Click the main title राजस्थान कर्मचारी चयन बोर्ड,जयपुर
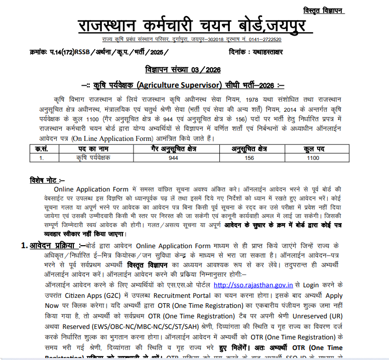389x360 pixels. [194, 25]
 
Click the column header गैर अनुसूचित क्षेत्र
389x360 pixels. [173, 149]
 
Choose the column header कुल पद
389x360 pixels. [315, 149]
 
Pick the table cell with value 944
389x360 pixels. [173, 157]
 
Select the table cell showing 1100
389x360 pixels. [313, 157]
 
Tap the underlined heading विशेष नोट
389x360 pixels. [47, 179]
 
